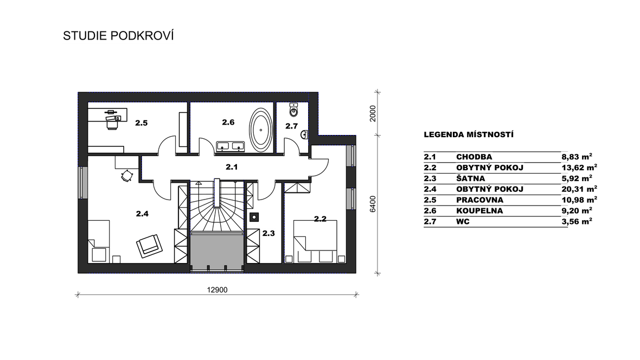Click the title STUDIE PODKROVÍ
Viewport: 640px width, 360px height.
click(118, 36)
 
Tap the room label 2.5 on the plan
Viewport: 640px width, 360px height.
click(141, 123)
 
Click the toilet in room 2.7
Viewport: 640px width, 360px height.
click(294, 109)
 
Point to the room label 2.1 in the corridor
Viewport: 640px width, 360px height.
click(232, 167)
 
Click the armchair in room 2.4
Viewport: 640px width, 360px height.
click(149, 246)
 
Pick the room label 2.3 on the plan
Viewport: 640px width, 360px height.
click(268, 234)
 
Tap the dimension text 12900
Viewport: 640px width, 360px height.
click(217, 290)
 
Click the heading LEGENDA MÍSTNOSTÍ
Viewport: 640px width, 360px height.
click(469, 134)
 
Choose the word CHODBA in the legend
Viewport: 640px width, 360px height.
click(474, 157)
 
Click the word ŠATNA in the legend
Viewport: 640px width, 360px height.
click(471, 178)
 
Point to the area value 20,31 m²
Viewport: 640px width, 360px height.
click(580, 189)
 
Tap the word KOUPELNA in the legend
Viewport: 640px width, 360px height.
click(479, 210)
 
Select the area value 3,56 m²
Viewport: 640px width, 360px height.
click(577, 221)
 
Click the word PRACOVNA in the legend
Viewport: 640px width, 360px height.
click(480, 200)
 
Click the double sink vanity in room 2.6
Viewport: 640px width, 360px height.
click(230, 146)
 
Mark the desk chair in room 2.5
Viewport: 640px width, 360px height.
click(113, 123)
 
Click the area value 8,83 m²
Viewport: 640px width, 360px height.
click(577, 156)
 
